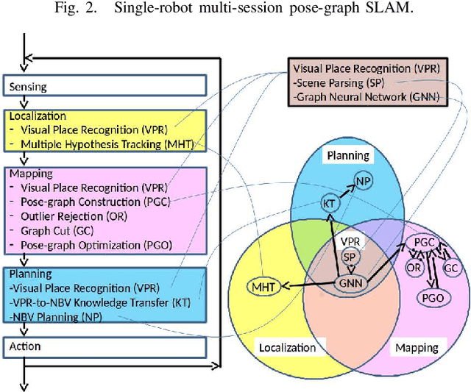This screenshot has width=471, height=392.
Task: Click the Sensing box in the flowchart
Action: [105, 87]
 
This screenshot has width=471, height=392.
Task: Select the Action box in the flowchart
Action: [105, 346]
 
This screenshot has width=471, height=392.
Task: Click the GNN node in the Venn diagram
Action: [351, 283]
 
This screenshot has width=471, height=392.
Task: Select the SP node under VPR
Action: [351, 256]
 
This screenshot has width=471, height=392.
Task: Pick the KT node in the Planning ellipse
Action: [329, 202]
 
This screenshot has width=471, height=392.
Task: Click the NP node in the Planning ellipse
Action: [363, 180]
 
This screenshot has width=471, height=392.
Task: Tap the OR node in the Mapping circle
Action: [414, 268]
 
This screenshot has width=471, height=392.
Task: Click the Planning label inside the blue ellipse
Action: [347, 155]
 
